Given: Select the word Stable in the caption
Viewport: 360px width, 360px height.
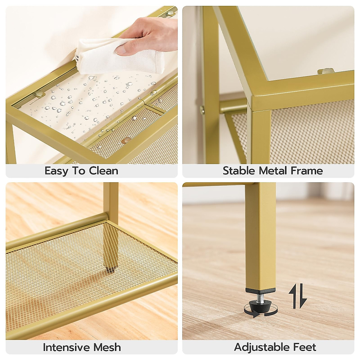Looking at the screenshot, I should point(239,171).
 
